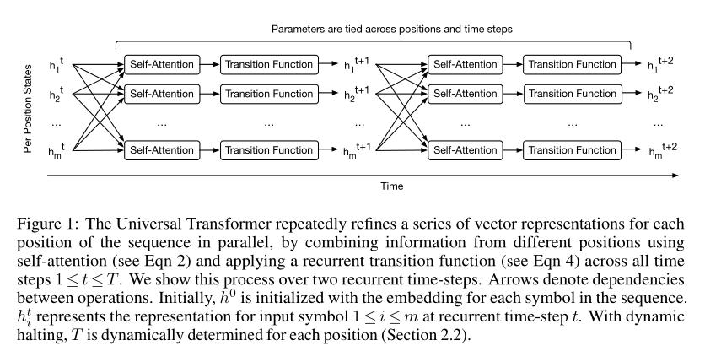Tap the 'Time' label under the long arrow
[x=391, y=186]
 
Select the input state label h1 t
[x=57, y=64]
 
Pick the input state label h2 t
[x=57, y=94]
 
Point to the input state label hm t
[x=57, y=150]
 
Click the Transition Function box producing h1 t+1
[x=269, y=64]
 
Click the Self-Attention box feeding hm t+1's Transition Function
[x=162, y=150]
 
